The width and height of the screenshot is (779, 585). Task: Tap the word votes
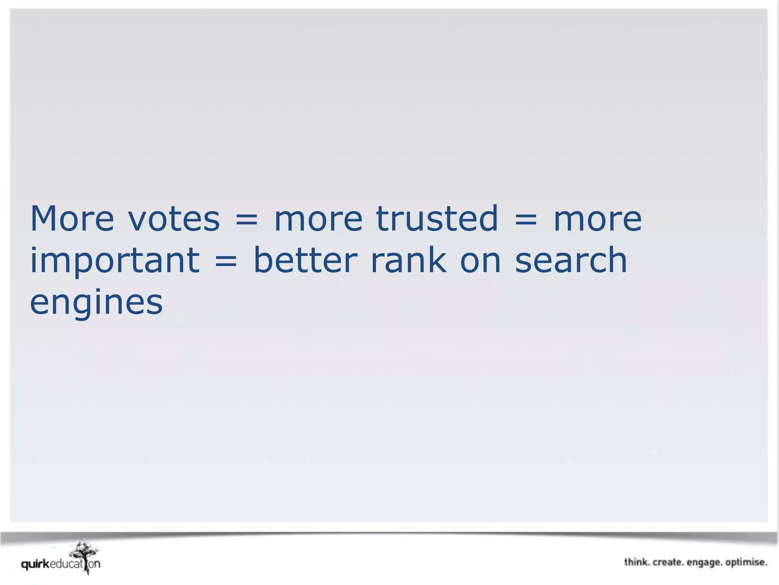point(174,219)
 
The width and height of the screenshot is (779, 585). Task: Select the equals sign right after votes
point(246,220)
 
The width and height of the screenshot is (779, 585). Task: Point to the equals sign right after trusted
point(526,220)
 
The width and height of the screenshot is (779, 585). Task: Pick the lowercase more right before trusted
point(318,220)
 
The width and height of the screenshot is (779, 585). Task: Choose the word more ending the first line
point(597,220)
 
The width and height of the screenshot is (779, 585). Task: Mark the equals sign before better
point(226,261)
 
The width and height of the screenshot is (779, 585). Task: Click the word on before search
point(480,261)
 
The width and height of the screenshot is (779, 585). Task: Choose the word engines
point(96,304)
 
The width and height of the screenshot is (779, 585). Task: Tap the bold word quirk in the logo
point(35,564)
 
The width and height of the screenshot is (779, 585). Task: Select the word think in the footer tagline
point(636,562)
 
